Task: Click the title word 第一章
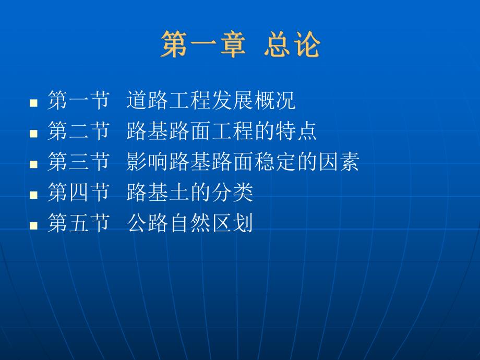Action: pos(203,44)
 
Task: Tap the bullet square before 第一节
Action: pos(34,102)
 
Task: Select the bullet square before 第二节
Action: pos(34,133)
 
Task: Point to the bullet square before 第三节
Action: pos(34,164)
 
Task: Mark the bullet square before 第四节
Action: pos(34,195)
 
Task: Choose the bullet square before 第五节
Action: pos(34,225)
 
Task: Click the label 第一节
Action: pos(78,101)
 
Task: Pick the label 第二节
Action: pos(78,131)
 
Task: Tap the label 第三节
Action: pos(78,162)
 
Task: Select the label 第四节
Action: pos(78,193)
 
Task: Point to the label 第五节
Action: pos(78,224)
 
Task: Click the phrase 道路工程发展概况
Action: pos(211,101)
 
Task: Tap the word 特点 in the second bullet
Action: pos(296,131)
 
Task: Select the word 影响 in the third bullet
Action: pos(147,162)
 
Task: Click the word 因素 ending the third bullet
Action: pos(338,162)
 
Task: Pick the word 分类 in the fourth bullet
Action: pos(232,193)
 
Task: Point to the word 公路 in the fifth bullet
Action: pos(147,224)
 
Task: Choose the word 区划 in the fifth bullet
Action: pos(232,224)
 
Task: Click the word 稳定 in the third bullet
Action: pos(274,162)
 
